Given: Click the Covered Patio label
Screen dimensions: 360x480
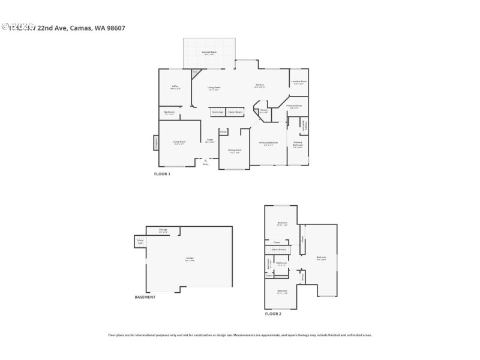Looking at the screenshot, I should (208, 53).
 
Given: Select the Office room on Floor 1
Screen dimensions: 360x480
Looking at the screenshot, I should (175, 88).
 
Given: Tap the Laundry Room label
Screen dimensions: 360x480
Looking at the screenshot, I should (299, 82).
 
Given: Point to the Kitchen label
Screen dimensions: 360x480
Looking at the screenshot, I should (260, 86).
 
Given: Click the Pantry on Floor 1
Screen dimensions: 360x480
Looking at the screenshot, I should (263, 111).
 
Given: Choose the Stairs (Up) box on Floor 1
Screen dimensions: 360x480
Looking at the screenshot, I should (217, 112).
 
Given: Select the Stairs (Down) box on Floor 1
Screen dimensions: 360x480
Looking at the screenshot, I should (235, 112).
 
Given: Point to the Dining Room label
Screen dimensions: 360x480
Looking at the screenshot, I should (234, 151).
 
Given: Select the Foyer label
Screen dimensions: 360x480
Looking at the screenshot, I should (210, 140).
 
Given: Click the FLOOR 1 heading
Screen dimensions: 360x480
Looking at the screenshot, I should (163, 174).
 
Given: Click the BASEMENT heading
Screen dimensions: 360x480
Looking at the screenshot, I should (145, 297).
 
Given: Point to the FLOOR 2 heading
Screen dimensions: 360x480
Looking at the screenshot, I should (273, 313).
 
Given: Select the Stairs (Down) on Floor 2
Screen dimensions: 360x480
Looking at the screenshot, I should (278, 249).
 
